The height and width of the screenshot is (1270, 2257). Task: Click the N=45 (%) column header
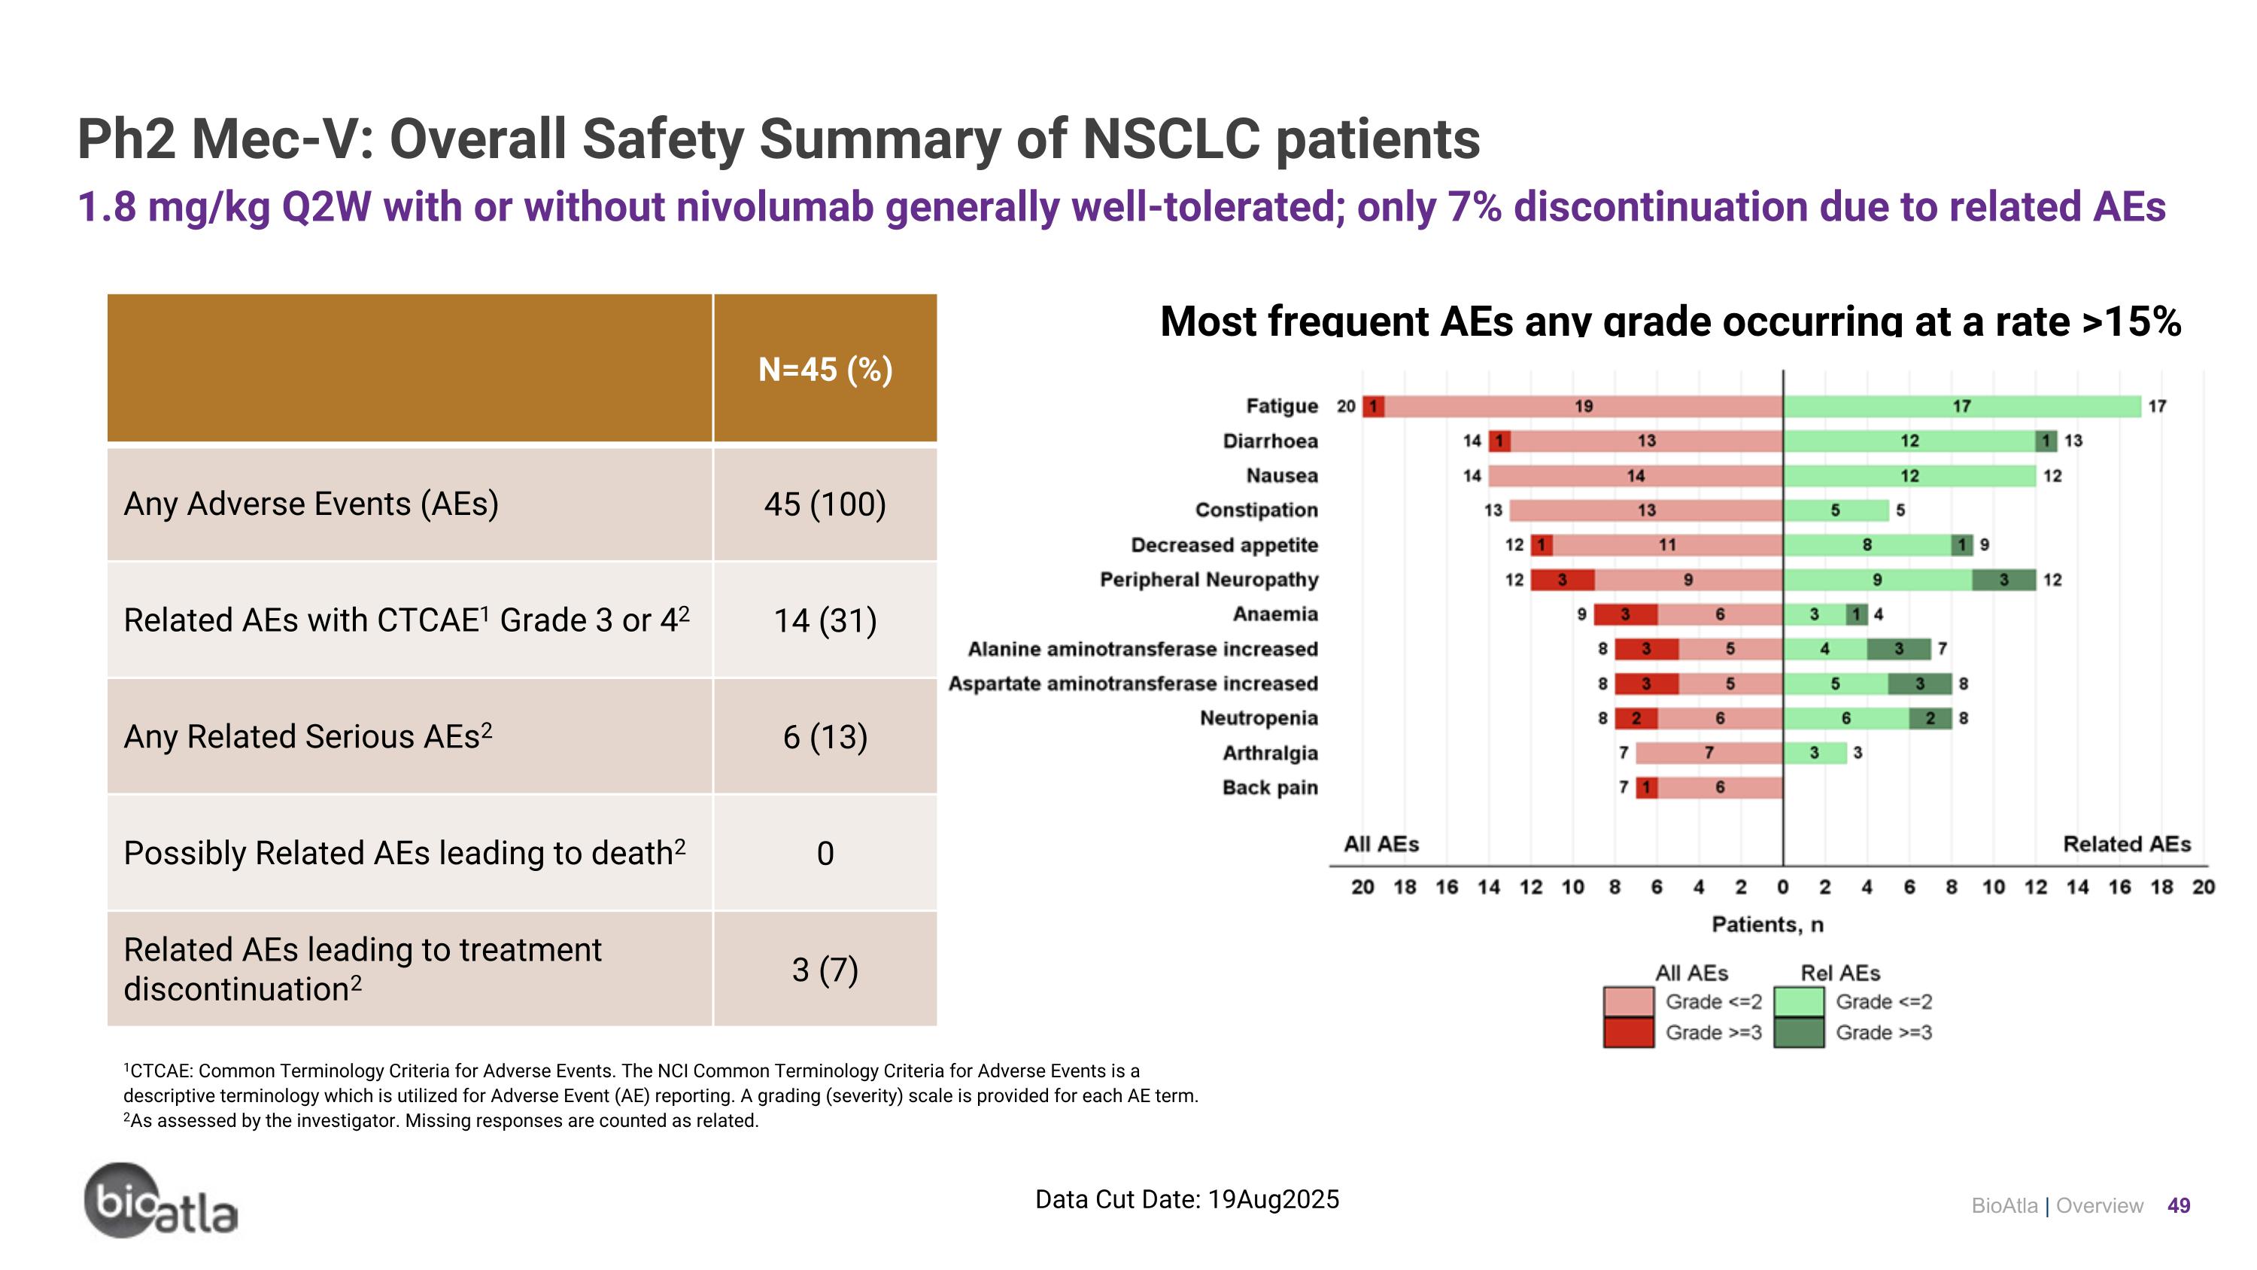pos(825,369)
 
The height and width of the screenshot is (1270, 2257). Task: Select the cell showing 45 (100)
pos(825,504)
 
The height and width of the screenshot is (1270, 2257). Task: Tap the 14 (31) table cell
pos(825,620)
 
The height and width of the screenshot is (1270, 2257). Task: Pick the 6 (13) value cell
pos(825,737)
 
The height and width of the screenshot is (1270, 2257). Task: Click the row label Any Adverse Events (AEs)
pos(311,504)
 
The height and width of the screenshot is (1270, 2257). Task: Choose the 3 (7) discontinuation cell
pos(825,970)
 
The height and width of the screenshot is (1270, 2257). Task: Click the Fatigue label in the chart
pos(1281,406)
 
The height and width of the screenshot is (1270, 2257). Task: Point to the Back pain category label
pos(1270,787)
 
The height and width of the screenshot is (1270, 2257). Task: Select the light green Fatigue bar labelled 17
pos(1961,406)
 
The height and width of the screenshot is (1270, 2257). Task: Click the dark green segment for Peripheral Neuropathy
pos(2003,580)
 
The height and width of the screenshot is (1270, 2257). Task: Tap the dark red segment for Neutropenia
pos(1636,718)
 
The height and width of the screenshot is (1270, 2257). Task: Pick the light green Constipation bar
pos(1835,510)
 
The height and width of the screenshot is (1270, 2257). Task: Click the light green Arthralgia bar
pos(1814,753)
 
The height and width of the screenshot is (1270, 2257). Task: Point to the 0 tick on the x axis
pos(1782,887)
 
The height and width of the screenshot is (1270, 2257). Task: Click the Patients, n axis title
pos(1767,924)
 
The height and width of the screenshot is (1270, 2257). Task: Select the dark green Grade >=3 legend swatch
pos(1798,1032)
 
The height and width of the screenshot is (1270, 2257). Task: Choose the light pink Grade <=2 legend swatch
pos(1628,1002)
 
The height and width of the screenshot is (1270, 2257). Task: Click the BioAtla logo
pos(160,1201)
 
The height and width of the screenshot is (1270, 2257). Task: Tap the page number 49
pos(2178,1206)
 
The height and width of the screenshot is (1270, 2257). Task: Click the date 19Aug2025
pos(1273,1199)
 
